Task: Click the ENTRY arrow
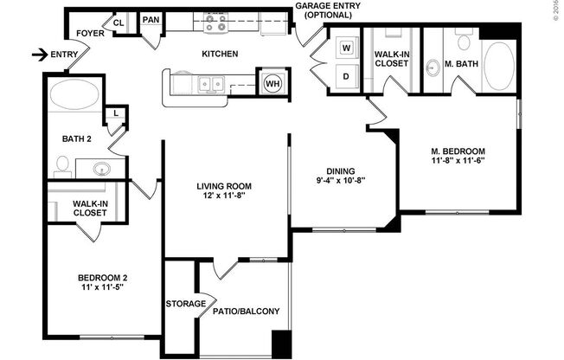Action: (39, 55)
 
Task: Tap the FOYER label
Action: (90, 34)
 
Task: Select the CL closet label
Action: (119, 22)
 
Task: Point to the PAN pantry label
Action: (151, 20)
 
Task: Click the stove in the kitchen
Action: (216, 22)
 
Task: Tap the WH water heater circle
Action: (273, 83)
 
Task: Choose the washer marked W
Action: (346, 46)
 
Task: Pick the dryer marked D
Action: (346, 76)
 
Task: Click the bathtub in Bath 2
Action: (74, 95)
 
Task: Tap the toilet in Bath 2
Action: (62, 164)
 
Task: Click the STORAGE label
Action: (185, 304)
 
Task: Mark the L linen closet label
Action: (114, 112)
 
